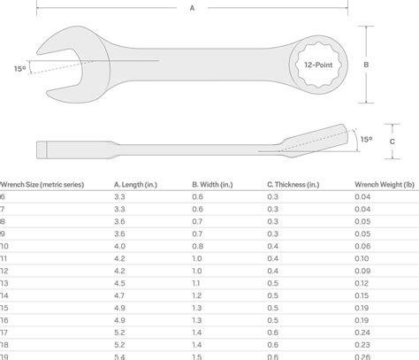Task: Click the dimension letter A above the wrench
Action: [x=192, y=8]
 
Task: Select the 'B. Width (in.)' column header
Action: [x=213, y=184]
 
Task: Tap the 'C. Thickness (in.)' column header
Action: [x=296, y=184]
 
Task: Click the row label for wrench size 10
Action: [x=4, y=245]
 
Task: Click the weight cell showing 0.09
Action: [x=362, y=270]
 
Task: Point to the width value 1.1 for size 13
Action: [x=196, y=282]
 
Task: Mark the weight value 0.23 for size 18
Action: [x=362, y=343]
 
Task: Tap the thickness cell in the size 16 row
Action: [x=273, y=319]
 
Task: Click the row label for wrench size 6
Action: [x=3, y=196]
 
